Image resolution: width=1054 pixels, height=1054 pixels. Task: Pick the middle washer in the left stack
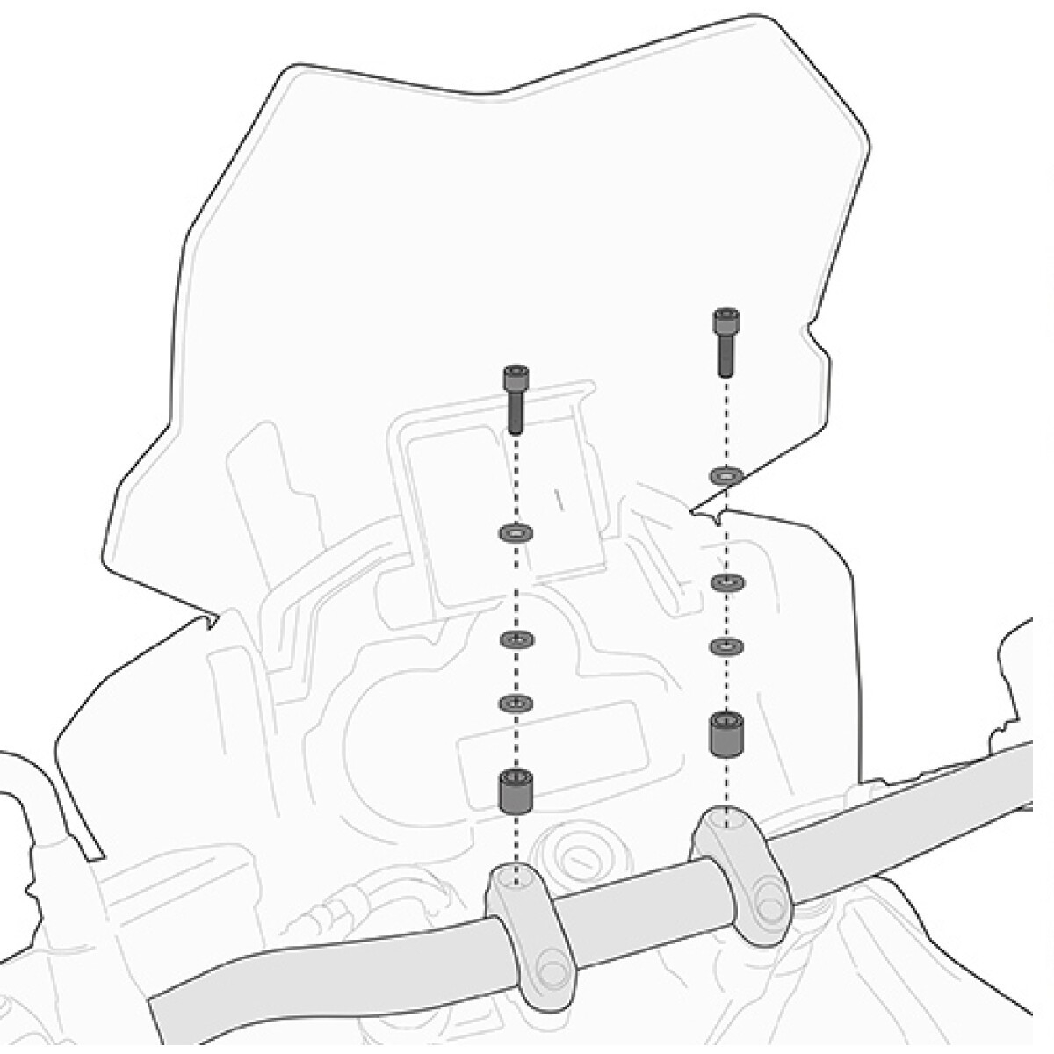tap(515, 639)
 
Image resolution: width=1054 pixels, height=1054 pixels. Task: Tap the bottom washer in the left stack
tap(515, 703)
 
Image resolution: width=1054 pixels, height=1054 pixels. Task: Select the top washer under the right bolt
tap(726, 475)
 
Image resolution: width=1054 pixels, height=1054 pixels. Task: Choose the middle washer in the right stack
tap(726, 582)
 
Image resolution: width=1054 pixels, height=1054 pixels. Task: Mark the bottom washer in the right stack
tap(726, 646)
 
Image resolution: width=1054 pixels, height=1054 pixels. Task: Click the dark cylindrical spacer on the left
tap(515, 790)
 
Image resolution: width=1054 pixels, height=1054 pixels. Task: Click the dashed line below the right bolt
tap(725, 422)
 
